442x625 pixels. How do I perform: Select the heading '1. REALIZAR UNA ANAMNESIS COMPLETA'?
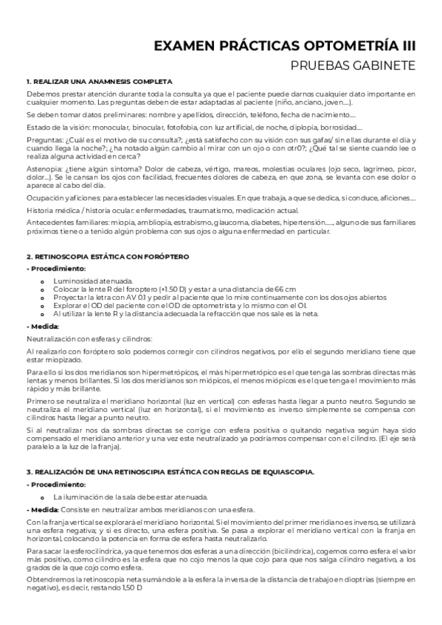click(x=99, y=81)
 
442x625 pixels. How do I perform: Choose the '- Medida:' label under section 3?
click(x=43, y=509)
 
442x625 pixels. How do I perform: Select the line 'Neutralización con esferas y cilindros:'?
click(x=89, y=338)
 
